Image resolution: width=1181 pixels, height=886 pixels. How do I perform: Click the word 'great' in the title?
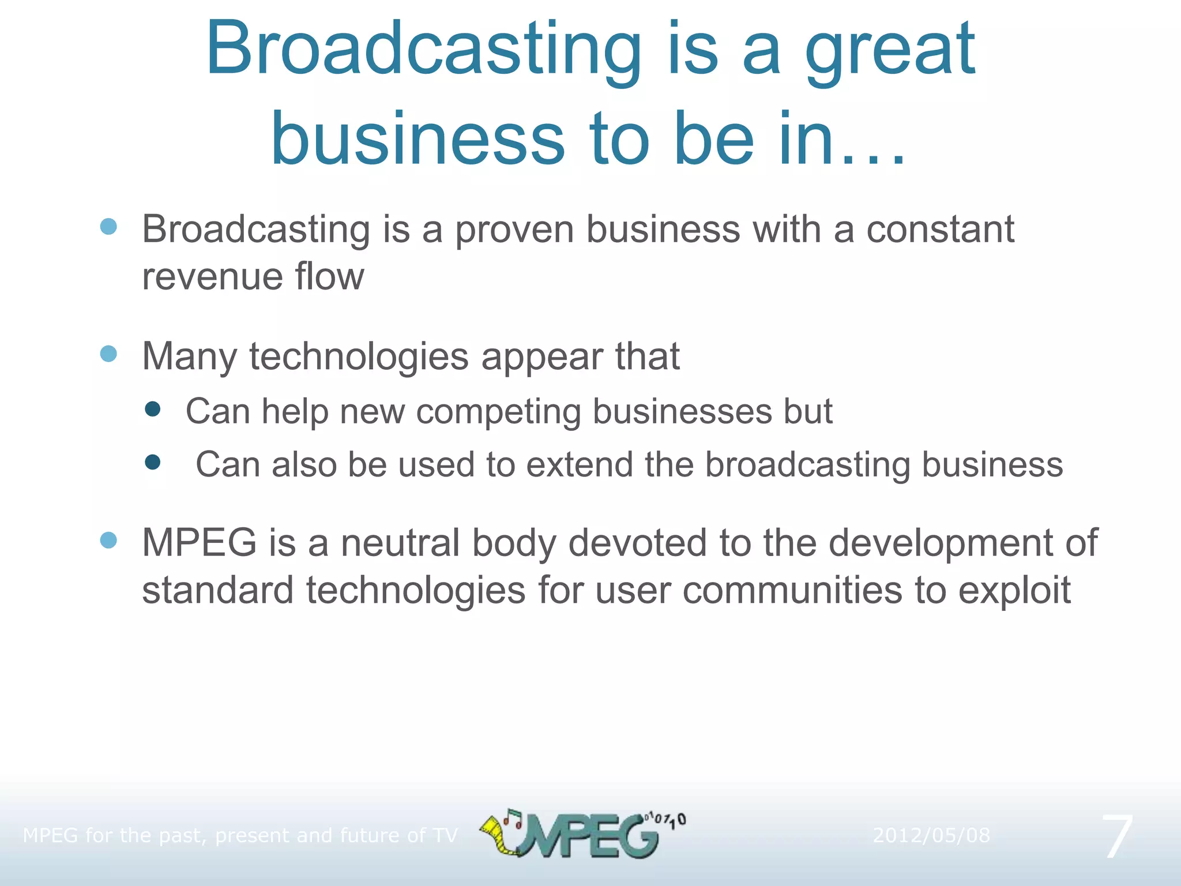click(x=890, y=52)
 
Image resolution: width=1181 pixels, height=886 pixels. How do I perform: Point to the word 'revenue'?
click(x=212, y=277)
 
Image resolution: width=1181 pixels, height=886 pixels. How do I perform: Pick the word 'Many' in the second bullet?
click(x=189, y=357)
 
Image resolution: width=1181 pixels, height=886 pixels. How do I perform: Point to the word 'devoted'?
click(x=637, y=543)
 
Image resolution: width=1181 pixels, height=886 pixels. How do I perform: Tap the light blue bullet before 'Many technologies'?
click(x=108, y=354)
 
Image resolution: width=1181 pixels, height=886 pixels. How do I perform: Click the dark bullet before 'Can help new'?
click(x=153, y=410)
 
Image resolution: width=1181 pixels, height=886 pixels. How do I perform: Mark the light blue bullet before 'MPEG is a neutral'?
click(x=108, y=540)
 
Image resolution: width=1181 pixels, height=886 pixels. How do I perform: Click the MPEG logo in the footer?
click(x=582, y=834)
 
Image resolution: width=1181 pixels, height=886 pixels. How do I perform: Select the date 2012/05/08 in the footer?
click(x=931, y=835)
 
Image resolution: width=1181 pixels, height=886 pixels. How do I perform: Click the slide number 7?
click(x=1118, y=836)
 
